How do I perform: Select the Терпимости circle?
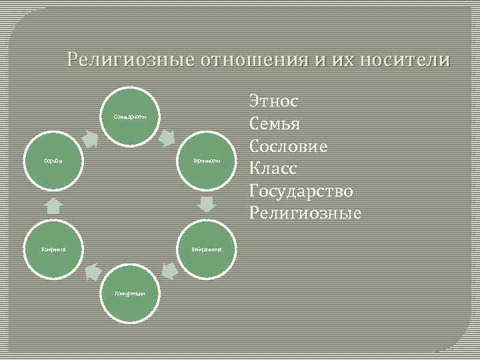pos(207,161)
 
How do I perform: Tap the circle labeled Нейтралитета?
pos(207,249)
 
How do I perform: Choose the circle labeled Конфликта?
pos(53,249)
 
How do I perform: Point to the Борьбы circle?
pos(53,161)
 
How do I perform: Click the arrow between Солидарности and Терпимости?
pos(167,139)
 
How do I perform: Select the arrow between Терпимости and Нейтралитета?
pos(207,203)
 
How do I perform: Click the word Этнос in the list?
pos(274,101)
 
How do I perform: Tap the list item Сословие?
pos(288,146)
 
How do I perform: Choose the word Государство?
pos(301,191)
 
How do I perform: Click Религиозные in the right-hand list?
pos(305,213)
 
